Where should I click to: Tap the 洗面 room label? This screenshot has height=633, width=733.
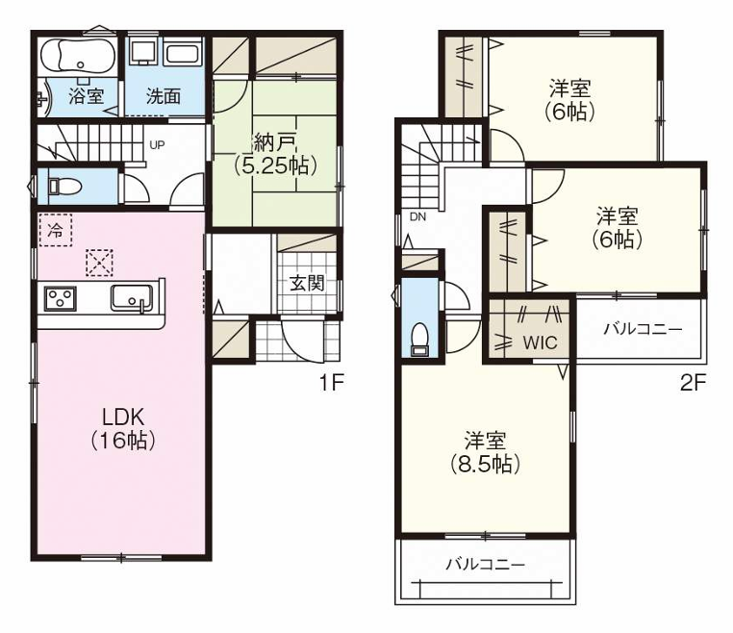164,96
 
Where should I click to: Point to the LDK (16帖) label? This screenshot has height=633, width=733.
123,428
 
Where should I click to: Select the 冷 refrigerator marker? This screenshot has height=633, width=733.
55,230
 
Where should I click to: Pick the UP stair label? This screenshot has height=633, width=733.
155,146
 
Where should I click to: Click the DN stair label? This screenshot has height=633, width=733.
417,217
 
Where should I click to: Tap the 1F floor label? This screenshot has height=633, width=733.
331,383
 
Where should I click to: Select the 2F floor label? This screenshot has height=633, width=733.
693,383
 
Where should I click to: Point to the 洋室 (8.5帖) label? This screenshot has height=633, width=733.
485,452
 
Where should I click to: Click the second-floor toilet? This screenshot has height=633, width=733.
418,338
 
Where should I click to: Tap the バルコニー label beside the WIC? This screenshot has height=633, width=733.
643,329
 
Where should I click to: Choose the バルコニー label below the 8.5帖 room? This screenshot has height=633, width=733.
485,565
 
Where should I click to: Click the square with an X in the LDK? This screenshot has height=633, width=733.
98,261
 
